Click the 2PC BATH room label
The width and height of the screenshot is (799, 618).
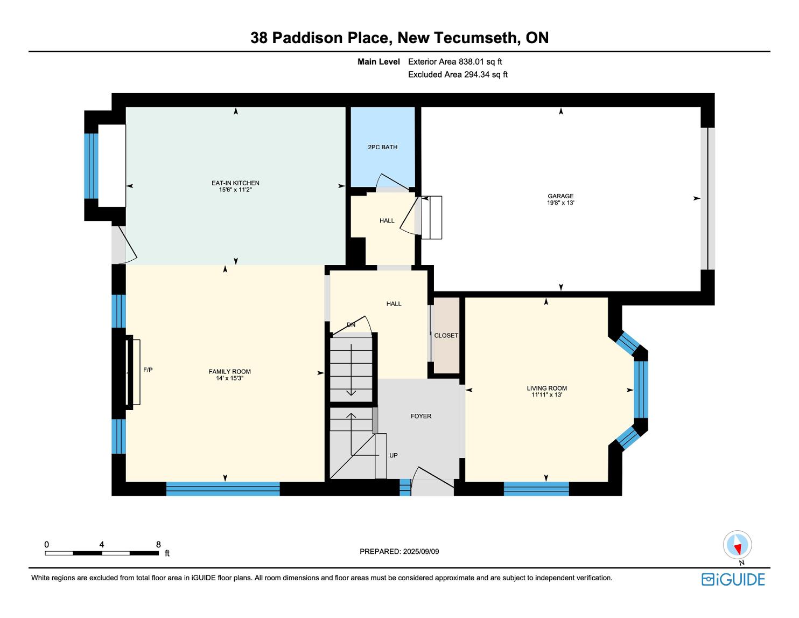click(x=382, y=147)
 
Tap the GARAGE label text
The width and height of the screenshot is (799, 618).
click(x=560, y=196)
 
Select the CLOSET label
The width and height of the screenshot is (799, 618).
click(x=446, y=336)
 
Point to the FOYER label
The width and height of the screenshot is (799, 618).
click(x=420, y=416)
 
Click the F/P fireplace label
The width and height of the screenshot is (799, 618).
click(x=148, y=370)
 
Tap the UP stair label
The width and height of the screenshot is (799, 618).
click(x=394, y=455)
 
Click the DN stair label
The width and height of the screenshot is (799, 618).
click(x=351, y=325)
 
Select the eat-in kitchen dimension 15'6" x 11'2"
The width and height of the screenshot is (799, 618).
click(x=235, y=190)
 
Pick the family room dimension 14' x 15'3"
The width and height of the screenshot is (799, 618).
click(x=230, y=378)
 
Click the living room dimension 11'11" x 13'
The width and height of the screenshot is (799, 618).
click(x=547, y=395)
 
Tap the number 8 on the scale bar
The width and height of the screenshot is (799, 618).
click(x=158, y=544)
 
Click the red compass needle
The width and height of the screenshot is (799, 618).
click(x=737, y=549)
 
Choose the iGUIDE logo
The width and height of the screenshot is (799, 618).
click(x=733, y=579)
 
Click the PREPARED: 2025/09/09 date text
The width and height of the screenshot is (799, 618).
click(x=399, y=551)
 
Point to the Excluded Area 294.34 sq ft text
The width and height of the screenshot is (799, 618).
click(x=458, y=74)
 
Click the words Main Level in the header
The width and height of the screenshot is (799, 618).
click(x=379, y=61)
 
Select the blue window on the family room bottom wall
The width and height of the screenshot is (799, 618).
click(x=223, y=489)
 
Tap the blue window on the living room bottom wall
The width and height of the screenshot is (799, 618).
click(x=536, y=489)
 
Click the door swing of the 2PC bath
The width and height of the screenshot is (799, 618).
click(x=391, y=181)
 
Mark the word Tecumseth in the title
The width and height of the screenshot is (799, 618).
click(x=475, y=38)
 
